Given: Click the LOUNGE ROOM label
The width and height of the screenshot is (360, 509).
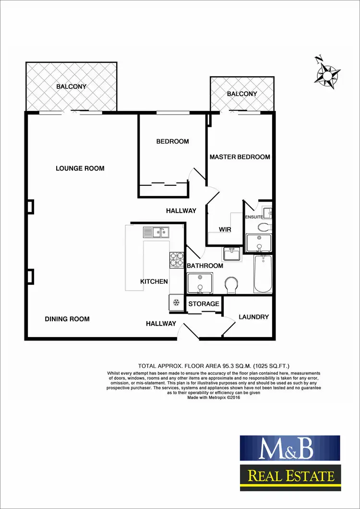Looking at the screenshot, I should tap(80, 168).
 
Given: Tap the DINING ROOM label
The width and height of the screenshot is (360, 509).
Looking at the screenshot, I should tap(67, 319).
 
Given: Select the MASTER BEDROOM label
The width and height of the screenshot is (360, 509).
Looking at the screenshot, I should tap(240, 157).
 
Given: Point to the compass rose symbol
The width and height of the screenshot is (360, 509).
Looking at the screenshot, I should tap(328, 74).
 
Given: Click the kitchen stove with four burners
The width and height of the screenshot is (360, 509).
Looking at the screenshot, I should tap(176, 259).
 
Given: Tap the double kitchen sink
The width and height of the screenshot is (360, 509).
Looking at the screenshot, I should tap(155, 232).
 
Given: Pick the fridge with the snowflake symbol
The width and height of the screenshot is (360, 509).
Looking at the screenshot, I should tap(176, 302).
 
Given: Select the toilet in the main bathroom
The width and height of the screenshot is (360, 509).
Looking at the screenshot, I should tap(231, 284).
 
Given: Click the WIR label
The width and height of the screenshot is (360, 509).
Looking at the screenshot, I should tap(225, 230).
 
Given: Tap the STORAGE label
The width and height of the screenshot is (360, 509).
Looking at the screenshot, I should tap(204, 303).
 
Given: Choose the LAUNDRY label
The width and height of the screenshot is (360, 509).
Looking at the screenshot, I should tap(253, 317).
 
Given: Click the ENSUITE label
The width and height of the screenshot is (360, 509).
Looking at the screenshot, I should tap(253, 217).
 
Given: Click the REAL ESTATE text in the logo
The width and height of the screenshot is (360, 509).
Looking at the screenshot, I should tap(290, 476).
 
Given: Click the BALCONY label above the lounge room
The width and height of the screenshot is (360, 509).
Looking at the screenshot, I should tap(71, 86).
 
